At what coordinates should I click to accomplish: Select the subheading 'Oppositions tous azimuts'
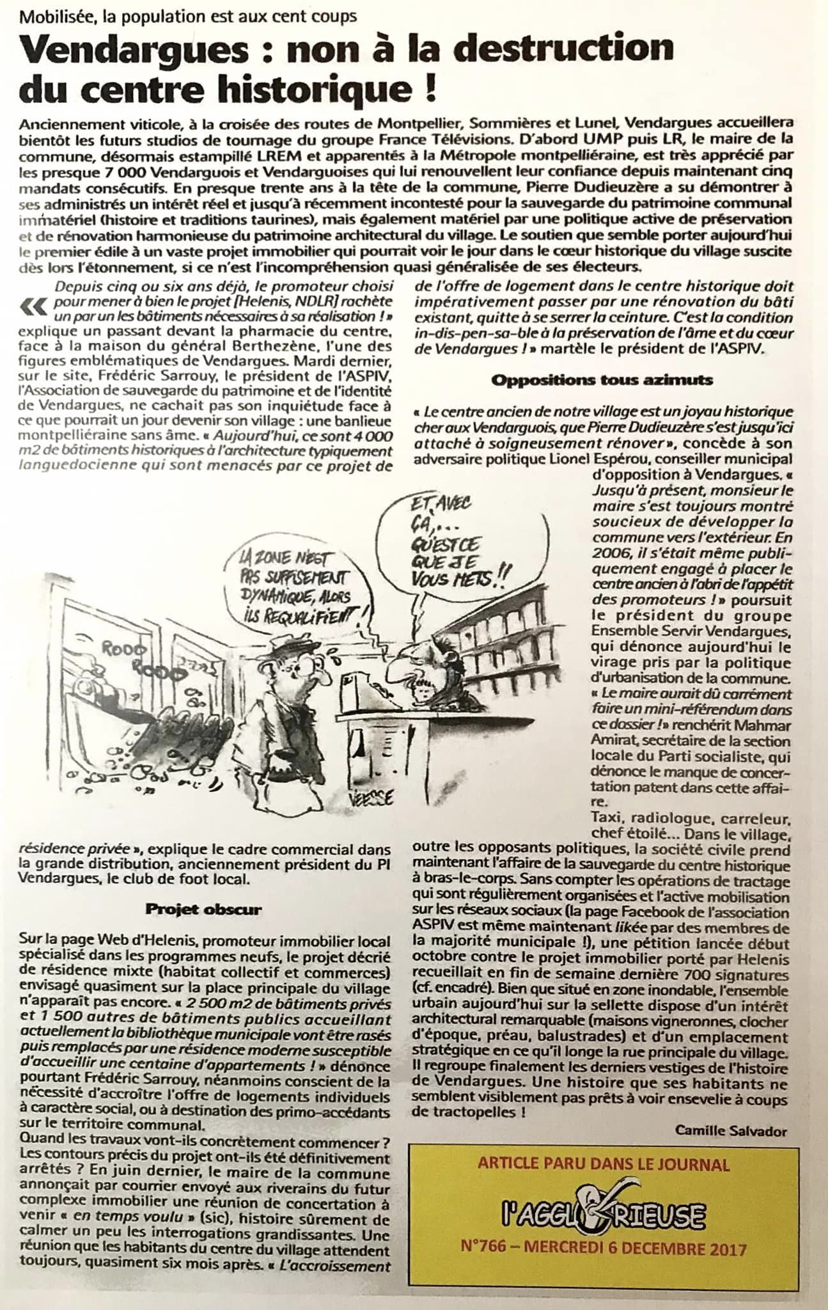click(602, 379)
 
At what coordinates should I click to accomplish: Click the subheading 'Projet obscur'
click(203, 909)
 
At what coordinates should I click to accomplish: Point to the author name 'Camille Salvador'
click(731, 1131)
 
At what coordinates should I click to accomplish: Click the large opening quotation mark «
click(34, 308)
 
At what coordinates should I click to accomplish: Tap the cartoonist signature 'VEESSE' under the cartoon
click(370, 797)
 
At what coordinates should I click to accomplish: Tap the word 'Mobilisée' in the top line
click(54, 17)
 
